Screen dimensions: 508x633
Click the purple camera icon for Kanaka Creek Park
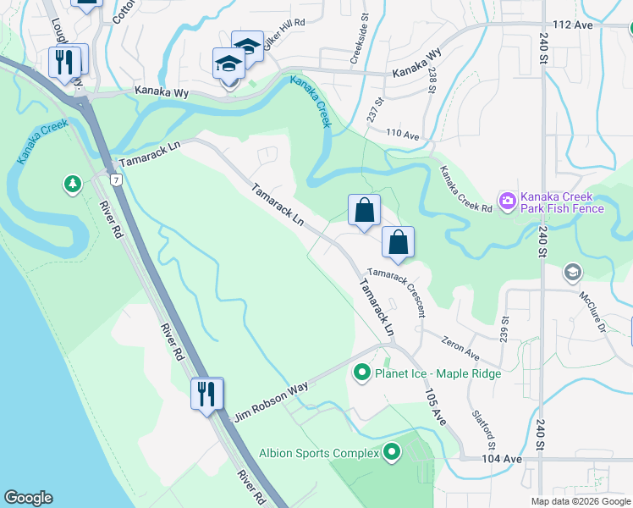click(x=508, y=201)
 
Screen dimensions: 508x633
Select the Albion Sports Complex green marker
click(x=391, y=453)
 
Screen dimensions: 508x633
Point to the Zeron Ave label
click(x=460, y=346)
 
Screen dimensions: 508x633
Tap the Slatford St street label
click(x=485, y=432)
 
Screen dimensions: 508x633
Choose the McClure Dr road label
click(x=593, y=313)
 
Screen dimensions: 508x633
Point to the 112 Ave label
click(x=572, y=25)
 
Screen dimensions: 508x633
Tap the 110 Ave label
click(x=403, y=135)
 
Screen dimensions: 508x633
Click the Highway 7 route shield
click(x=114, y=179)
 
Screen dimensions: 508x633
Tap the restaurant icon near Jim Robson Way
click(x=206, y=394)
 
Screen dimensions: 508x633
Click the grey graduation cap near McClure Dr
click(x=572, y=272)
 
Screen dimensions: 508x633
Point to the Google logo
click(x=28, y=498)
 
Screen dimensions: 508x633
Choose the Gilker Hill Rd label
click(x=282, y=38)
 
